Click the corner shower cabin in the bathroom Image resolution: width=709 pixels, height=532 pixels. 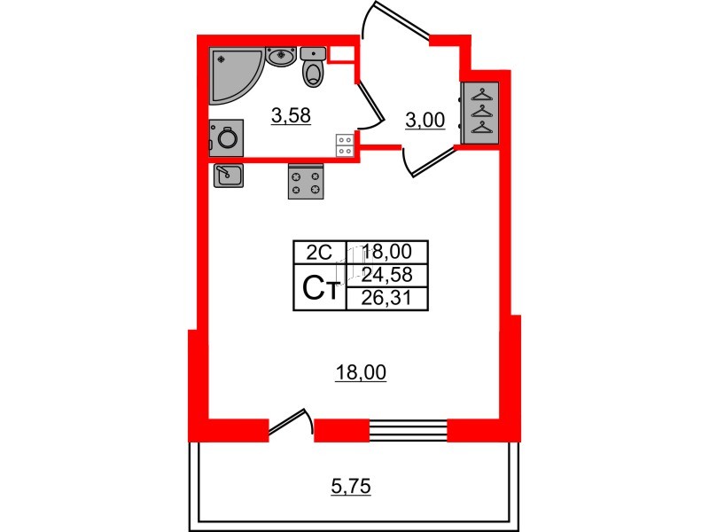point(233,74)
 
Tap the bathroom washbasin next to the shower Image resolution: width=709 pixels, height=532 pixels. point(281,57)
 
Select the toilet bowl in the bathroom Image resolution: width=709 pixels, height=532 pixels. point(313,68)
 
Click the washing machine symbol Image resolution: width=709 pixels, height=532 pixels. point(226,138)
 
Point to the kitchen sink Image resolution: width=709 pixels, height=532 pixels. point(229,176)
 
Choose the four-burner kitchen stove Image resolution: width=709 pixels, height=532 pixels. point(306,182)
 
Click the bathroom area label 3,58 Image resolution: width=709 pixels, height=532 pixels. point(291,116)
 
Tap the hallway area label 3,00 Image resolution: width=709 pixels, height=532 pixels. point(425,121)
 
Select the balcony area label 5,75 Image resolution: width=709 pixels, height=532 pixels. point(351,487)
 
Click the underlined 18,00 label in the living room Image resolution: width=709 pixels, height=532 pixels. point(361,372)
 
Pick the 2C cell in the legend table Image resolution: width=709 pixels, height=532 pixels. point(319,252)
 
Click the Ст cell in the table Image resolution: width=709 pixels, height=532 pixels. point(320,287)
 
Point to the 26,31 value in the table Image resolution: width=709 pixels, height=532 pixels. point(386,298)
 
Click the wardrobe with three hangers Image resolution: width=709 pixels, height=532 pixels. point(480,113)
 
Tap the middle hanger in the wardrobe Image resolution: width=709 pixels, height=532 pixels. point(482,112)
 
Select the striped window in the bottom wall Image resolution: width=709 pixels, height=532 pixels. point(409,430)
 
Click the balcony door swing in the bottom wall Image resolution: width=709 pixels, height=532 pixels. point(291,424)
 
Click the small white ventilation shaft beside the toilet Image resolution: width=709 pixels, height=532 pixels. point(341,54)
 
